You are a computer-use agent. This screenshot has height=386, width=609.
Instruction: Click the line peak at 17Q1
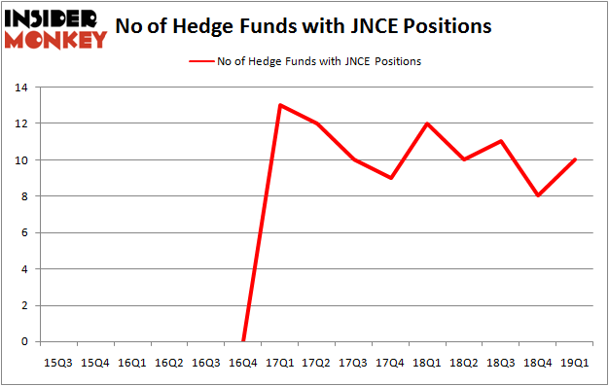click(280, 105)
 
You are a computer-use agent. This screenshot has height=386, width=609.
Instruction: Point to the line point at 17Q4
click(390, 178)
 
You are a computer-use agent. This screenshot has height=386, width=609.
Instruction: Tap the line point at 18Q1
click(426, 123)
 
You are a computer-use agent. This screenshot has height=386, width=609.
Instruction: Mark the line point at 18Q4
click(537, 195)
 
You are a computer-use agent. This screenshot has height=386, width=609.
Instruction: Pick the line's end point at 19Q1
click(574, 159)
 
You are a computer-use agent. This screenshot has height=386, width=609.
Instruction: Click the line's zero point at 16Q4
click(243, 341)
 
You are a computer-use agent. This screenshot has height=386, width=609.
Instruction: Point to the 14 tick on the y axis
click(21, 88)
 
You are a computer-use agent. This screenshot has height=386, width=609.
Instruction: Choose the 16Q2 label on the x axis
click(169, 364)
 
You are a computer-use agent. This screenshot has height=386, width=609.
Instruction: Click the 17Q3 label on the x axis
click(352, 364)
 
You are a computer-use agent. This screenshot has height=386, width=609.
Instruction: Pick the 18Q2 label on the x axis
click(463, 364)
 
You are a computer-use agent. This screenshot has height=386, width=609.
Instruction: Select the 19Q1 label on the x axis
click(574, 364)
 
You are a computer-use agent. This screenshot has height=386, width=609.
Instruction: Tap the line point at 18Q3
click(500, 141)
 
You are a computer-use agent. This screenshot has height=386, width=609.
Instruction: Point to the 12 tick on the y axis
click(21, 123)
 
